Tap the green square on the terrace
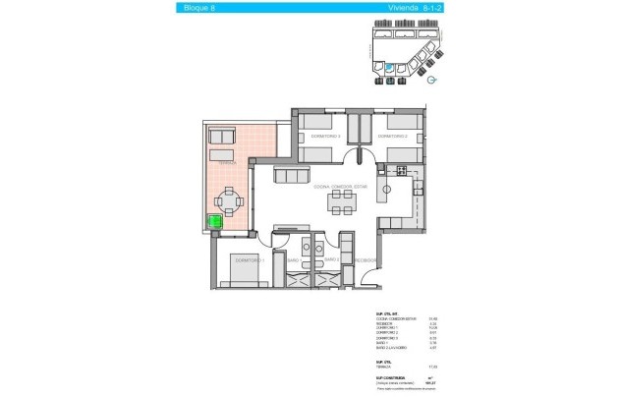215,223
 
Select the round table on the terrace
230,203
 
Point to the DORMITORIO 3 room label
325,136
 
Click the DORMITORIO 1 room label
251,260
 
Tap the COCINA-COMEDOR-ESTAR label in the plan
339,186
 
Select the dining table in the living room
342,202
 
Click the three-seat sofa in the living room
290,175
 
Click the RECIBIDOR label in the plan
366,260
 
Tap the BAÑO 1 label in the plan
294,260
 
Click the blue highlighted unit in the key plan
389,69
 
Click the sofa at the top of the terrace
221,137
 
